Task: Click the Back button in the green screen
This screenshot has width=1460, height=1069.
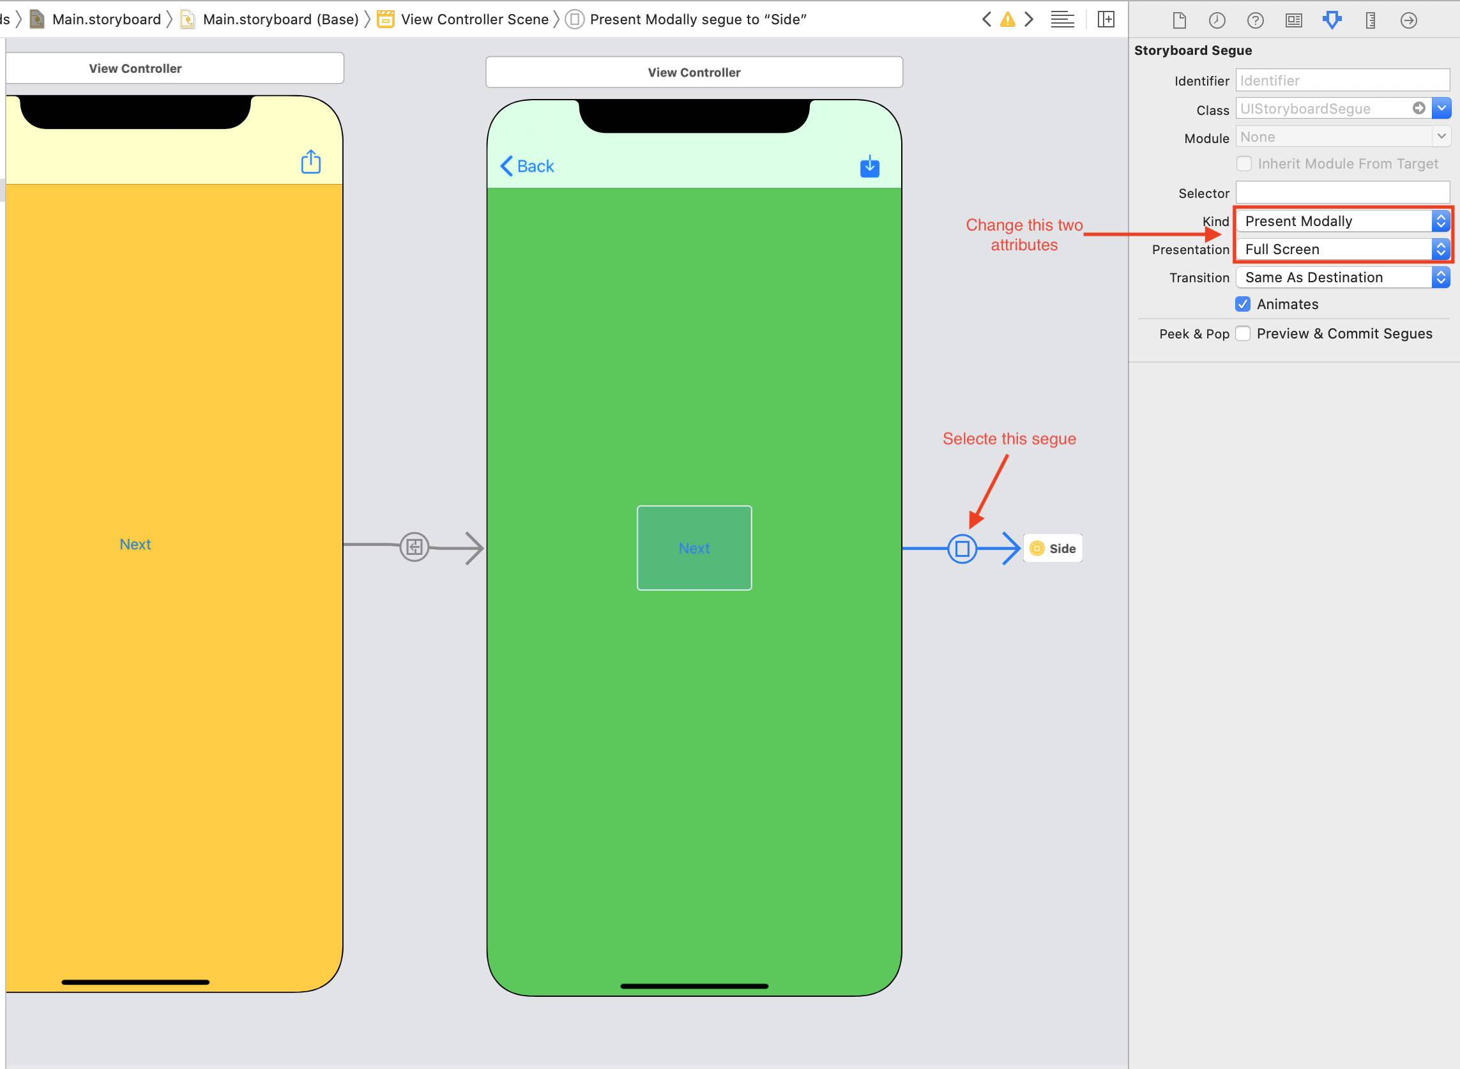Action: [x=528, y=166]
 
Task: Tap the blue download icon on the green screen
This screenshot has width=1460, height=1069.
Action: [x=869, y=166]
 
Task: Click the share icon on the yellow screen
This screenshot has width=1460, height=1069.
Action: [x=310, y=162]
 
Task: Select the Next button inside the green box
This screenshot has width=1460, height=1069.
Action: [x=694, y=548]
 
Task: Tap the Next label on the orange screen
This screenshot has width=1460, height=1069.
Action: [x=135, y=544]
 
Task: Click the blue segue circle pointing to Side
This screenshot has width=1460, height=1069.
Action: [x=962, y=549]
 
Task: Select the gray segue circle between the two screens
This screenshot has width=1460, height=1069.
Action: [x=414, y=547]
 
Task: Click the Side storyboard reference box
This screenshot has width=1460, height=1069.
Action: [x=1053, y=549]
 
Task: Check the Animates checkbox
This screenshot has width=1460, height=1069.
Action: [x=1243, y=304]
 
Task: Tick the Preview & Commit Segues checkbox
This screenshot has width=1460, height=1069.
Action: [x=1243, y=333]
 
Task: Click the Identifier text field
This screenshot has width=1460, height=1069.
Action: [x=1342, y=80]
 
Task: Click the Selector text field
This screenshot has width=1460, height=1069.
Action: [x=1342, y=193]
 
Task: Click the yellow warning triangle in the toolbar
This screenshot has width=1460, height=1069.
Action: [x=1008, y=19]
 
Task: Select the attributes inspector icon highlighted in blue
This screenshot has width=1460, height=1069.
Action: [x=1332, y=20]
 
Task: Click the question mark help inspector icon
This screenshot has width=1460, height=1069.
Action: [x=1255, y=20]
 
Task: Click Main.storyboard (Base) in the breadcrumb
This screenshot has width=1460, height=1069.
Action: [x=280, y=19]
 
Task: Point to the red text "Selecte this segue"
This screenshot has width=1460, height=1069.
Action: [x=1009, y=439]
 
